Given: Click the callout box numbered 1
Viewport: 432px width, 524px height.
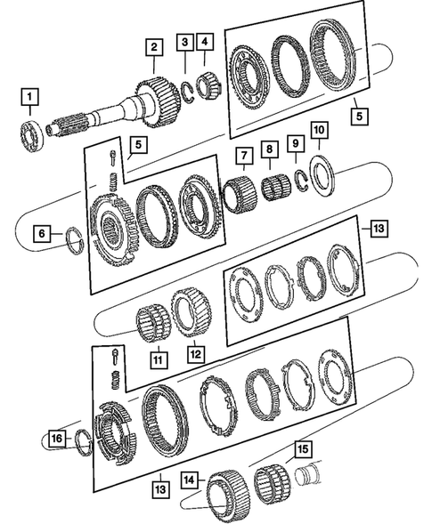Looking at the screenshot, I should (x=31, y=96).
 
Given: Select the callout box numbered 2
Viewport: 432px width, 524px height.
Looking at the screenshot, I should (x=154, y=47).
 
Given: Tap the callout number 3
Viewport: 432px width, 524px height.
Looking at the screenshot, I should (x=184, y=42).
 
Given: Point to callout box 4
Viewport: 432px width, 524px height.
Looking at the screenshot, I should (x=206, y=42).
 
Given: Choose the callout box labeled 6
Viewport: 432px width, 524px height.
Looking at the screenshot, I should (x=42, y=234).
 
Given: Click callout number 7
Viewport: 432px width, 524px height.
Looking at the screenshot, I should (x=242, y=158).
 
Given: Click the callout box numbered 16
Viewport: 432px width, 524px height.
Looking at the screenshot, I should (x=56, y=439).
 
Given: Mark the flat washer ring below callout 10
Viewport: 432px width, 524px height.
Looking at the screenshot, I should (x=322, y=171).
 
